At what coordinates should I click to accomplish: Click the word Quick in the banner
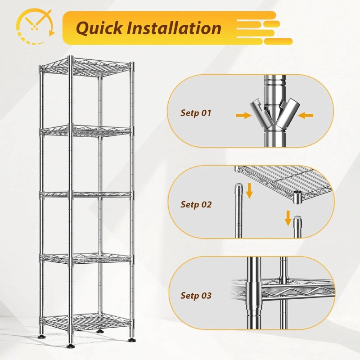click(x=99, y=28)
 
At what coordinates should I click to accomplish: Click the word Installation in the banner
click(x=174, y=28)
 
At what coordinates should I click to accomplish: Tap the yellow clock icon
click(x=36, y=26)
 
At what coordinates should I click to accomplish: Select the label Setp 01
click(x=196, y=113)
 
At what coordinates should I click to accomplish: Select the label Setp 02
click(x=196, y=204)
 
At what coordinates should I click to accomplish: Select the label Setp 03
click(x=196, y=295)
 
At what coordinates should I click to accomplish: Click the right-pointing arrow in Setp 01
click(x=243, y=115)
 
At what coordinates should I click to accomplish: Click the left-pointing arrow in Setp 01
click(x=306, y=115)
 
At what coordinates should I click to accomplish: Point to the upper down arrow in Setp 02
click(x=249, y=191)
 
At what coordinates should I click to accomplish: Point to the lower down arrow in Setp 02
click(x=288, y=218)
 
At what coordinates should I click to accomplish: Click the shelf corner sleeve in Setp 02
click(x=298, y=197)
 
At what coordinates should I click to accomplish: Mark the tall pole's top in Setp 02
click(x=239, y=185)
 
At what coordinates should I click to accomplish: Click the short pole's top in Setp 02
click(x=297, y=218)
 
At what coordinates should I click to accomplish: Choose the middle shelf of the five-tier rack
click(x=86, y=195)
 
